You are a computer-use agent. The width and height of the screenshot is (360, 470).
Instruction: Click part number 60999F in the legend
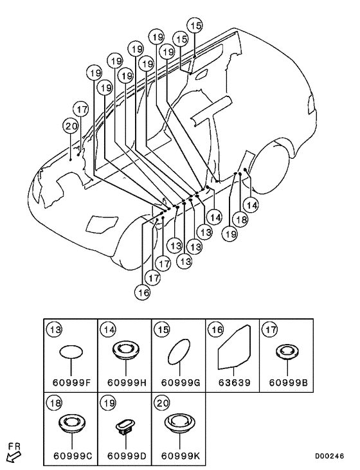pos(71,383)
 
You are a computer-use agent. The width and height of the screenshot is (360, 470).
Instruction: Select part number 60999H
pos(127,383)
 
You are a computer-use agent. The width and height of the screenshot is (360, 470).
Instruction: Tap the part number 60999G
pos(181,383)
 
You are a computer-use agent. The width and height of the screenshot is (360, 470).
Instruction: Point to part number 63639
pos(235,383)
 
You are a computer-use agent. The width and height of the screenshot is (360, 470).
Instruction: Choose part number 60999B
pos(288,383)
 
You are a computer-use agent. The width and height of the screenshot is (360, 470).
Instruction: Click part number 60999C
pos(73,456)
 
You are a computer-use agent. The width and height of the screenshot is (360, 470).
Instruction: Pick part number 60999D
pos(127,456)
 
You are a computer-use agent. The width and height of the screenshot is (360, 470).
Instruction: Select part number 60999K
pos(181,456)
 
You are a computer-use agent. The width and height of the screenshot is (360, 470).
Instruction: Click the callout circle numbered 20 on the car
pos(71,126)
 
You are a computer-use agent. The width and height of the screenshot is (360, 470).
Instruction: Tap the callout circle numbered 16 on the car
pos(143,292)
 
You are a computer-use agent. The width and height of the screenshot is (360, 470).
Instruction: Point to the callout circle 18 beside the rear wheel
pos(241,220)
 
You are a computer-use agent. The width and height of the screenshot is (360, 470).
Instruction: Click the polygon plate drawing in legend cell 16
pos(235,347)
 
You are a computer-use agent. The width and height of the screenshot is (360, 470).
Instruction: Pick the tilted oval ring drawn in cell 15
pos(179,352)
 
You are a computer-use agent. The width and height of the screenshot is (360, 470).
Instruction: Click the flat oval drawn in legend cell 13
pos(71,352)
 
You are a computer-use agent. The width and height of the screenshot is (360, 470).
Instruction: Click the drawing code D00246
pos(329,456)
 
